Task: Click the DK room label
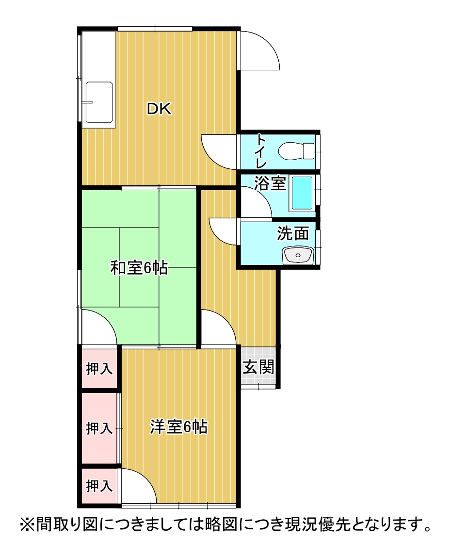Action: pyautogui.click(x=159, y=110)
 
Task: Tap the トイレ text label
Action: pyautogui.click(x=261, y=150)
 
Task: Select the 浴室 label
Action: pyautogui.click(x=270, y=184)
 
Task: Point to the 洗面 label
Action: pyautogui.click(x=293, y=233)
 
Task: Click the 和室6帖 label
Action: pyautogui.click(x=139, y=267)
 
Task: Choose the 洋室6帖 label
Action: pyautogui.click(x=179, y=427)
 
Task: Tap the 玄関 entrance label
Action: pyautogui.click(x=258, y=367)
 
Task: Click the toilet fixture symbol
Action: pyautogui.click(x=297, y=150)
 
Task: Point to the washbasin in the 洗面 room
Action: pyautogui.click(x=298, y=254)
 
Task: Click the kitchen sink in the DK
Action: pyautogui.click(x=99, y=102)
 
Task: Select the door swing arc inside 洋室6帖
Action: pyautogui.click(x=138, y=487)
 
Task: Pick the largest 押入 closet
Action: pyautogui.click(x=99, y=428)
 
